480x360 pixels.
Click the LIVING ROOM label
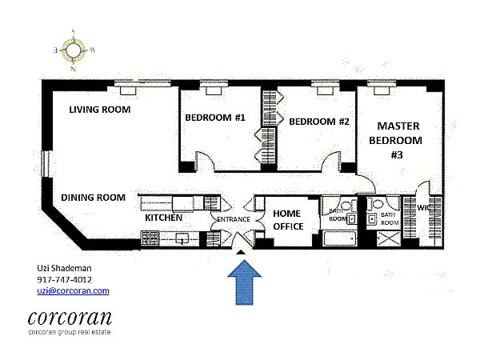tap(99, 110)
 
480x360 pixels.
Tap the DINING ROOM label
tap(94, 198)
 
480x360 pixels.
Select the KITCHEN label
tap(164, 218)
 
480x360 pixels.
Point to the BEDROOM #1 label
tap(215, 118)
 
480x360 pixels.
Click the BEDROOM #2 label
tap(319, 122)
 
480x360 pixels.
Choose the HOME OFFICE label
tap(288, 220)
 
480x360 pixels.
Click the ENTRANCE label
tap(232, 220)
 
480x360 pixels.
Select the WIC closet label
tap(423, 208)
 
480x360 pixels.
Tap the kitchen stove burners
tap(150, 237)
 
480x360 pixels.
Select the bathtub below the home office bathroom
tap(336, 238)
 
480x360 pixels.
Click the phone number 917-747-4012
tap(64, 279)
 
